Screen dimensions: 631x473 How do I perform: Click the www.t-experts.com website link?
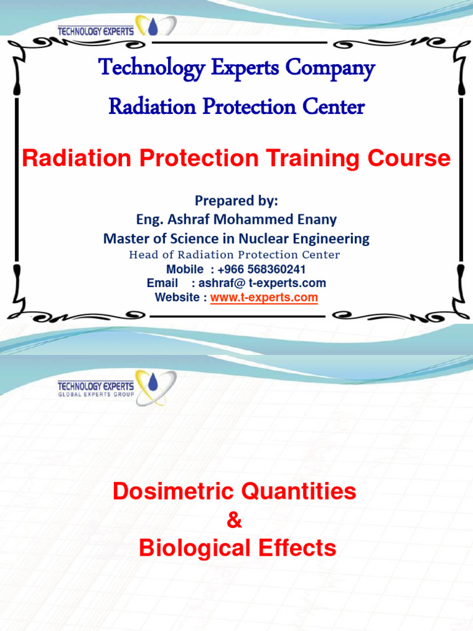(264, 298)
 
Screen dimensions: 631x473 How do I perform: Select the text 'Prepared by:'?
(236, 201)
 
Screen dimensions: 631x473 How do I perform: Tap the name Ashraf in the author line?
(188, 219)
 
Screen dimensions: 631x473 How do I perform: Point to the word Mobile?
(185, 269)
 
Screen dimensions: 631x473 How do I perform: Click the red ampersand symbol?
(235, 521)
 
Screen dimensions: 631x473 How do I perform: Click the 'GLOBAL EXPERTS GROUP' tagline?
(95, 394)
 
